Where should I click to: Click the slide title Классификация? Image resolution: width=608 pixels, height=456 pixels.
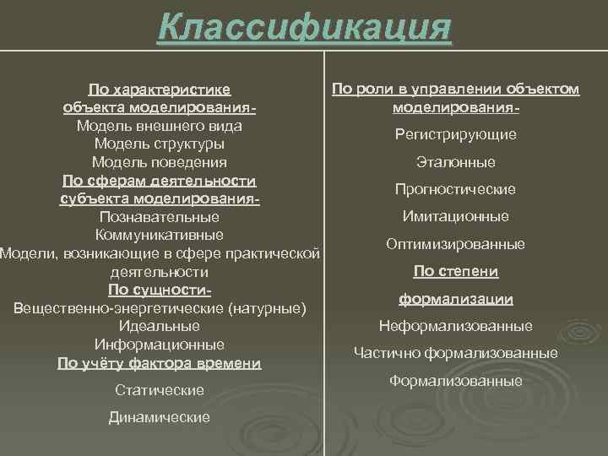(304, 27)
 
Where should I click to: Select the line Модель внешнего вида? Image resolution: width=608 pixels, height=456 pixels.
(160, 125)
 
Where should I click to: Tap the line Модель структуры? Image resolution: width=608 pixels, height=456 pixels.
(160, 144)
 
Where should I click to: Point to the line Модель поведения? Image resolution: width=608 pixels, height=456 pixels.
(160, 162)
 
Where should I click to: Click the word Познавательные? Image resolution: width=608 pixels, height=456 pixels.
(160, 217)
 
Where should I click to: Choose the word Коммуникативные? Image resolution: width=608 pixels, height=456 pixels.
(160, 235)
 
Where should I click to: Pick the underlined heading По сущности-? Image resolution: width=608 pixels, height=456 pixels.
(160, 290)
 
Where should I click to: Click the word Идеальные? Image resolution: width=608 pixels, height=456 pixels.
(160, 326)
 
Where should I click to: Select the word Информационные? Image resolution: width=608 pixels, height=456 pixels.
(160, 345)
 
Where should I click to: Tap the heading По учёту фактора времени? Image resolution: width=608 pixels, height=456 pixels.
(160, 363)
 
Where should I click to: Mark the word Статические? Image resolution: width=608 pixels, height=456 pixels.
(160, 390)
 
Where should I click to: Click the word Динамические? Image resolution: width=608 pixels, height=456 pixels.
(160, 417)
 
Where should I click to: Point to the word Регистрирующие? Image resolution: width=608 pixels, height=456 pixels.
(456, 135)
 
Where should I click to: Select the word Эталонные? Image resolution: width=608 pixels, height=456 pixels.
(456, 162)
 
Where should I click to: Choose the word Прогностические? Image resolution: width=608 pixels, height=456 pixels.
(456, 190)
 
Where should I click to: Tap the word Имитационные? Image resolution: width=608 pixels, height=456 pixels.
(456, 217)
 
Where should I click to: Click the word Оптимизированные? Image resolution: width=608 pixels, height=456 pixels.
(456, 244)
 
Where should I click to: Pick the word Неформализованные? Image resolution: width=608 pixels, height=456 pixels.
(456, 326)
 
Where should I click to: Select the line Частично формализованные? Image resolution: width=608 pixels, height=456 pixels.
(456, 353)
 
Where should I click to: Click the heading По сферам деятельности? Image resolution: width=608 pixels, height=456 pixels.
(160, 181)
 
